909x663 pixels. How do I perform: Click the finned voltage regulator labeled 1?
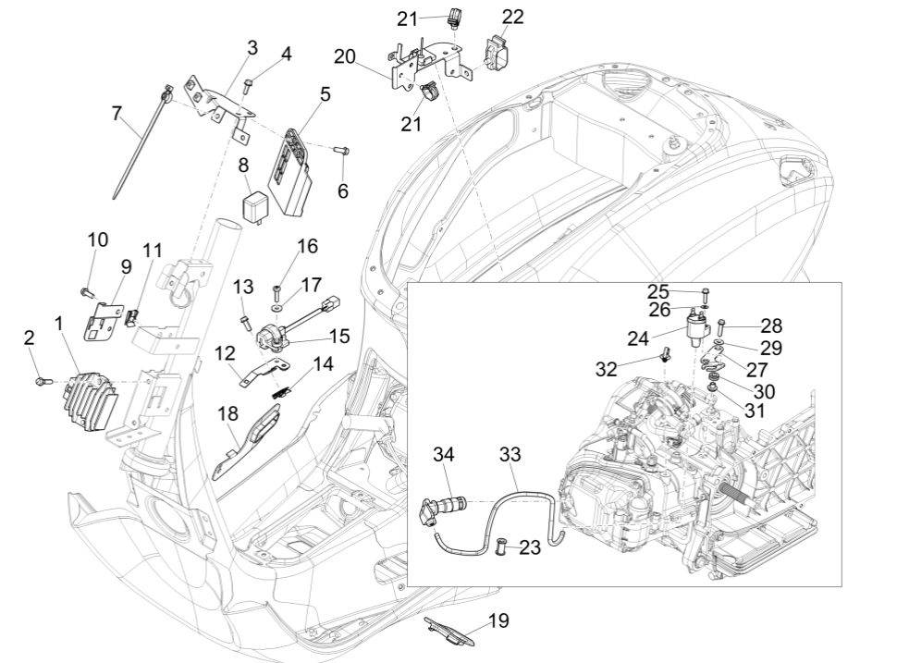[x=88, y=395]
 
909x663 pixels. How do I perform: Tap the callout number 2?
[x=30, y=339]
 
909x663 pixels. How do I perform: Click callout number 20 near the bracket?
[x=345, y=57]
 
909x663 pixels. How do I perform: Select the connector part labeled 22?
[x=500, y=54]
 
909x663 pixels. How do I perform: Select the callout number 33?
[x=510, y=455]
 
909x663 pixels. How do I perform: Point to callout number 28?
[x=771, y=325]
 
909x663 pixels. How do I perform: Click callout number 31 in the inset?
[x=755, y=409]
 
